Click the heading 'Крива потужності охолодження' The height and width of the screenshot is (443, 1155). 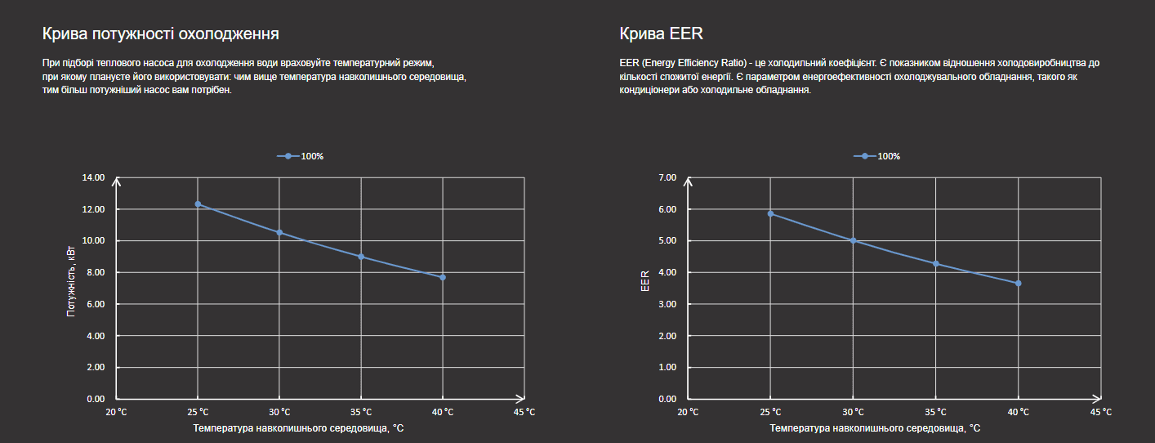pos(161,34)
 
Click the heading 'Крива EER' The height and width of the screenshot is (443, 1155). pos(661,34)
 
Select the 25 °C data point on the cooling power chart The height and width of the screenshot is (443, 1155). pos(198,204)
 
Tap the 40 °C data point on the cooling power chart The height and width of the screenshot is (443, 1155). pos(443,277)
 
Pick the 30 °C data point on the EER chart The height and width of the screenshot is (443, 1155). pos(853,240)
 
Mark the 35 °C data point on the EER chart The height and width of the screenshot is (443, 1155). pos(936,264)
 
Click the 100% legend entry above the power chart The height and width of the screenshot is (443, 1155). pos(301,156)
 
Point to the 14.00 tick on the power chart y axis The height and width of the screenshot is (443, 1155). pos(95,177)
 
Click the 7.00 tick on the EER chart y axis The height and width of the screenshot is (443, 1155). pos(668,177)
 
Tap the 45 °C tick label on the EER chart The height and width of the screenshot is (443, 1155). pos(1101,412)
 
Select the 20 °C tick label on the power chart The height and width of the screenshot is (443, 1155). pos(116,412)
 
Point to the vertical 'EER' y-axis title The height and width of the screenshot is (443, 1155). pos(645,280)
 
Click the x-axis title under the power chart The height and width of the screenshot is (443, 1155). pos(298,427)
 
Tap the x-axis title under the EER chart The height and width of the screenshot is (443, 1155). pos(875,427)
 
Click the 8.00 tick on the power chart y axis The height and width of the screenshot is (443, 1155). pos(95,272)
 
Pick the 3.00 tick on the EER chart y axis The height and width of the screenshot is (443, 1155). pos(668,304)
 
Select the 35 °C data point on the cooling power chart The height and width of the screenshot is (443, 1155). pos(361,257)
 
